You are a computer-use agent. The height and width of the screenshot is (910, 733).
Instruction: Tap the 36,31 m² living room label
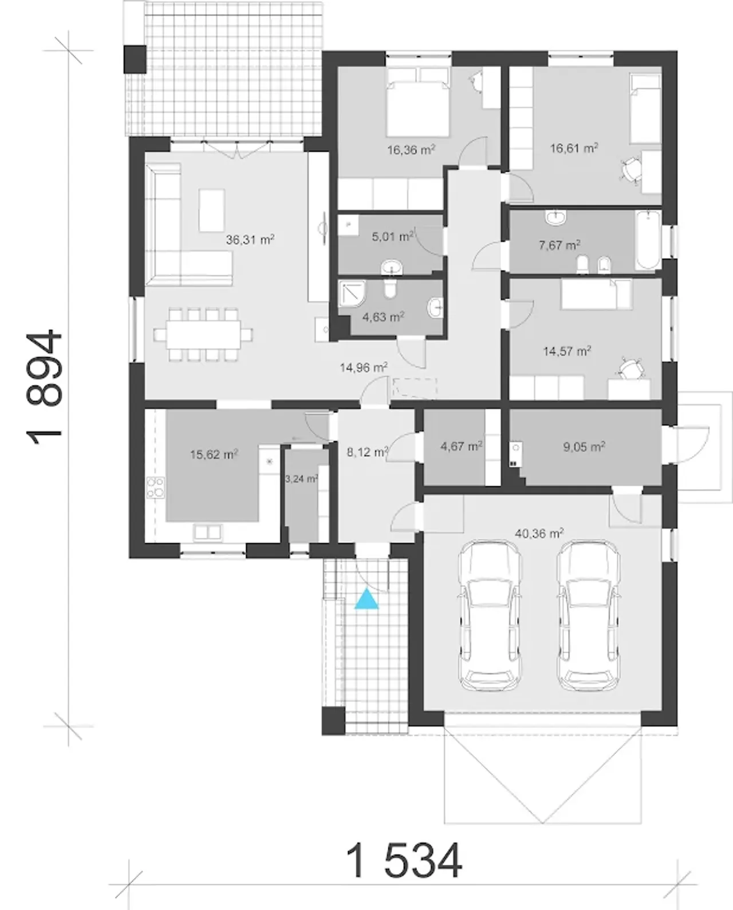point(250,240)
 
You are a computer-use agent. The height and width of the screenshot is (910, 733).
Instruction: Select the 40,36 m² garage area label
point(539,533)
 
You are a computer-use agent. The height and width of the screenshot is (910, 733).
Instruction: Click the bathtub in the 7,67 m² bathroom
point(648,240)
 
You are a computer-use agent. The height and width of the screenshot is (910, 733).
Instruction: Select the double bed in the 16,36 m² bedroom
point(417,102)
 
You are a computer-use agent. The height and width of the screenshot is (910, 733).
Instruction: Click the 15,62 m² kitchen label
point(214,455)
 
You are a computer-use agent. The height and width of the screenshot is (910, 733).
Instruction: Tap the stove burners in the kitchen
point(155,487)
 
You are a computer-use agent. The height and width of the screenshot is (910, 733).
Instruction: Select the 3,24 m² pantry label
point(301,479)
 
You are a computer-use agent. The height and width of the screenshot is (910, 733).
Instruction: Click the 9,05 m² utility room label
point(584,446)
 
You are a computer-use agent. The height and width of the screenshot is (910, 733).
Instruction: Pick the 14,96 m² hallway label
point(364,367)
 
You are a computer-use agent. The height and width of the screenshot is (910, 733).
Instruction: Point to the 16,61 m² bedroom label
point(574,148)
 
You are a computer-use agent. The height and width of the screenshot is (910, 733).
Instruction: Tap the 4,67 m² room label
point(462,446)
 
